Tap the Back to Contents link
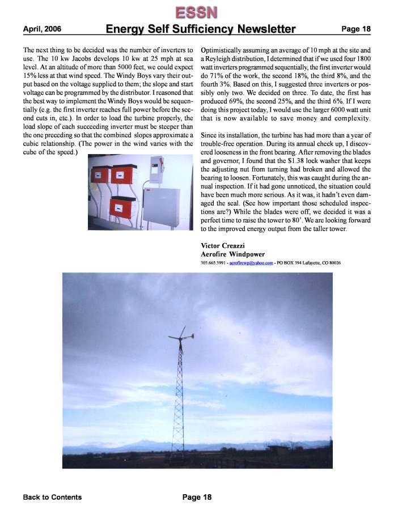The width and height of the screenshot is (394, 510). (x=52, y=498)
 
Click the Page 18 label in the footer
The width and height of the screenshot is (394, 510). (x=197, y=498)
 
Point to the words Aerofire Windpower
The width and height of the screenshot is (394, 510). (x=232, y=254)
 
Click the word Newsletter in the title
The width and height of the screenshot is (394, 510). (x=259, y=29)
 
